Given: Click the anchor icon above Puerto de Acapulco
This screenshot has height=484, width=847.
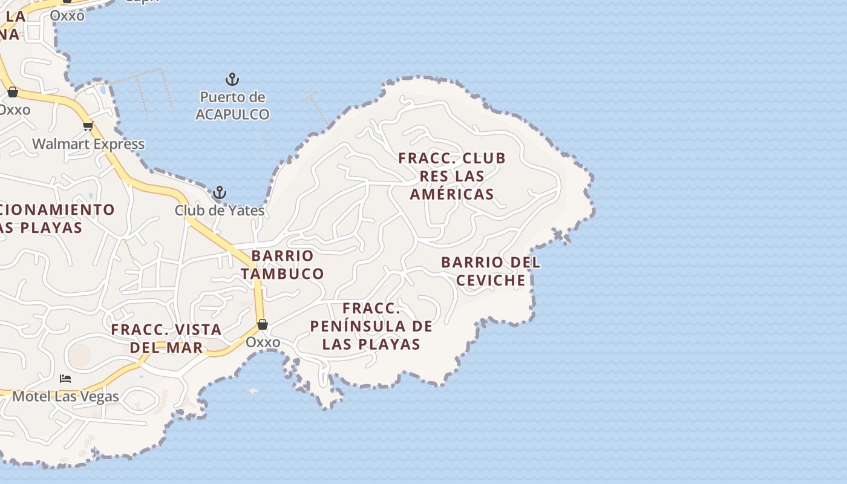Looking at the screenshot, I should [x=232, y=79].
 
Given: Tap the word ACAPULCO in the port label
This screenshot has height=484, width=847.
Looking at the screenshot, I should [x=232, y=114].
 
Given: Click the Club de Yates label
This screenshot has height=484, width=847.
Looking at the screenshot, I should [x=220, y=211].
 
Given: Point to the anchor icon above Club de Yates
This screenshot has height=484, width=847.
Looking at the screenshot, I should [x=220, y=193].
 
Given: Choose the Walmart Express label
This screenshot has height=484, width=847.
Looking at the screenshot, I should [x=88, y=144].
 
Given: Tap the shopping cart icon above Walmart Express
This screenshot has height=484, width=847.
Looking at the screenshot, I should [x=88, y=126].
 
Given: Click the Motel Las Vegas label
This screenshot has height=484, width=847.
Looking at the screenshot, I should [x=65, y=397].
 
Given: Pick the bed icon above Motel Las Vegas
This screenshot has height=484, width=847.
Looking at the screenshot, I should [x=65, y=379].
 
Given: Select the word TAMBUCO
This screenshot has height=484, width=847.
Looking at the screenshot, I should [x=283, y=273].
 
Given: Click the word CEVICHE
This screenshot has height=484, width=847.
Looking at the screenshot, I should [x=491, y=280].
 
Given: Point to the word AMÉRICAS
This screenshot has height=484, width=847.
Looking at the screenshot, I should [x=452, y=194].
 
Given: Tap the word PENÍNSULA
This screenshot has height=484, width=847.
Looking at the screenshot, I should [x=347, y=326].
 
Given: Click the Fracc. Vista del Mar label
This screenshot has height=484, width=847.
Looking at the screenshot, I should [x=166, y=338].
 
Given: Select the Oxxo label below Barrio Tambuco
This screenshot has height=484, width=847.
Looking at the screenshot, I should [x=263, y=342].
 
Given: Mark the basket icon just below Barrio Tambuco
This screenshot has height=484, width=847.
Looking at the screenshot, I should [x=263, y=324].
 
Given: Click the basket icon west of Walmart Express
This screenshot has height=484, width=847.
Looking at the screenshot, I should [x=13, y=92].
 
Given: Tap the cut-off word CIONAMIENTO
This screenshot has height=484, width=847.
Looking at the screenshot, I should [x=57, y=209].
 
